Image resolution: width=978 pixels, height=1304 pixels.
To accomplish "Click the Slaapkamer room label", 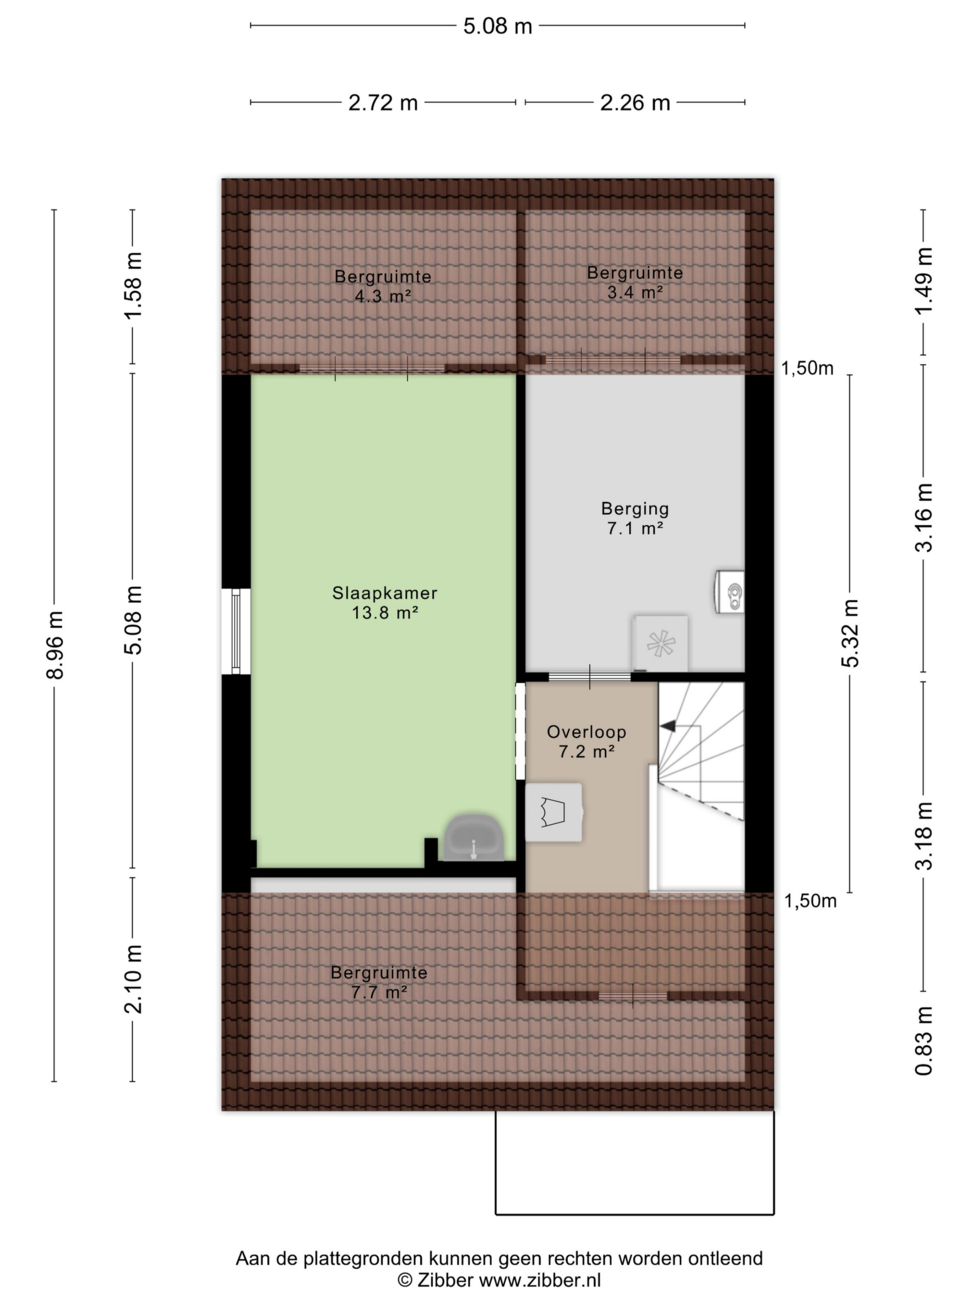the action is coord(385,593).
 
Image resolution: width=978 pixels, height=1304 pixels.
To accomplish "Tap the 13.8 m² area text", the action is coord(385,613).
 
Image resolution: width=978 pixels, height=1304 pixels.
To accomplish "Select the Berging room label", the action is coord(635,509).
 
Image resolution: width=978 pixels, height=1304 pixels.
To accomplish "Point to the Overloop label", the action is coord(587,731).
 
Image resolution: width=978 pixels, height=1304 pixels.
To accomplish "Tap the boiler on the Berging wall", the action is coord(730,591).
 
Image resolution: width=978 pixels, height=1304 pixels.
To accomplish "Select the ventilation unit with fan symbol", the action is coord(660,644).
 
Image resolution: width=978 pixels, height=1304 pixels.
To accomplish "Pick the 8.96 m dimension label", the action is coord(55,645).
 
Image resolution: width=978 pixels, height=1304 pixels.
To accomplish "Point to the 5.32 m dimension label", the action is coord(850,633).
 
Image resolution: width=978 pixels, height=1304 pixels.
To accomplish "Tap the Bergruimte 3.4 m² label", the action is coord(635,282).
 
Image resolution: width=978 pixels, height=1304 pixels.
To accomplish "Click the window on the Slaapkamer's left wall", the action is coord(236,631).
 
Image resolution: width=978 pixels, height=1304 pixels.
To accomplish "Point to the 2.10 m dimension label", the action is coord(133,979).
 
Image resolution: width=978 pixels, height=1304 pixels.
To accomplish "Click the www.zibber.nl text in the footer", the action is coord(539,1279).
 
